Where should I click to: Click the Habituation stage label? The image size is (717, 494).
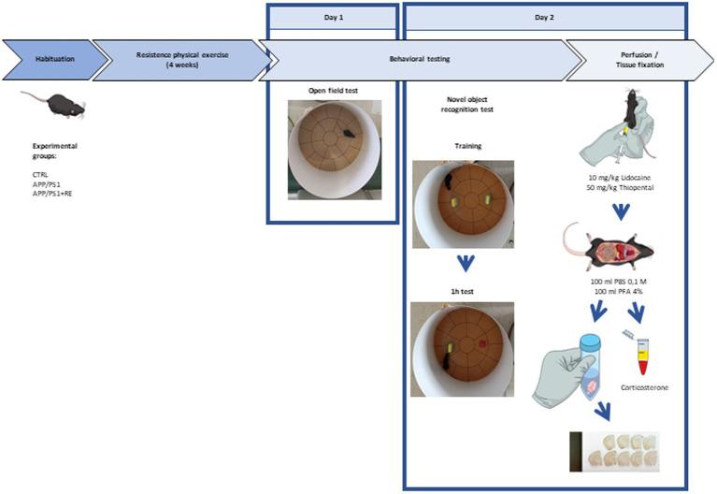tap(55, 59)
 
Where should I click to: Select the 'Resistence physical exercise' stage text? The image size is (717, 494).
tap(182, 60)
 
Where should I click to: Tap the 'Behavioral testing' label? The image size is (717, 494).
tap(420, 59)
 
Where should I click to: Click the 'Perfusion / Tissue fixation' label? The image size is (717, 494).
tap(639, 60)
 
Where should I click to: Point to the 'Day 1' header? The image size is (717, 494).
tap(334, 18)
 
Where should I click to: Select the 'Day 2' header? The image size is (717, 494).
tap(544, 18)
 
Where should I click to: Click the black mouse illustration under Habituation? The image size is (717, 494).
tap(55, 104)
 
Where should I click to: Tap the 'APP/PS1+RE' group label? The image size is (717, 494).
tap(52, 194)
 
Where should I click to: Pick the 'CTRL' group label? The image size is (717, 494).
tap(40, 174)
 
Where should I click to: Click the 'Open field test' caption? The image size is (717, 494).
tap(333, 91)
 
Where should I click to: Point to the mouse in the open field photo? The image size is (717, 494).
tap(351, 133)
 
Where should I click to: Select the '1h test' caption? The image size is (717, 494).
tap(462, 291)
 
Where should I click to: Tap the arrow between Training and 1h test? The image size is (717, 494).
tap(466, 263)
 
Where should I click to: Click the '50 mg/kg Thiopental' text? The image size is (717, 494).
tap(620, 188)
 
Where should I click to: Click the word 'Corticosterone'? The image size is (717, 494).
tap(644, 387)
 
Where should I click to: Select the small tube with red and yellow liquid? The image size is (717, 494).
tap(642, 356)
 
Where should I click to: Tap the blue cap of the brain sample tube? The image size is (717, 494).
tap(590, 341)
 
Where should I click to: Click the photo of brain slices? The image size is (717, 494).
tap(614, 451)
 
